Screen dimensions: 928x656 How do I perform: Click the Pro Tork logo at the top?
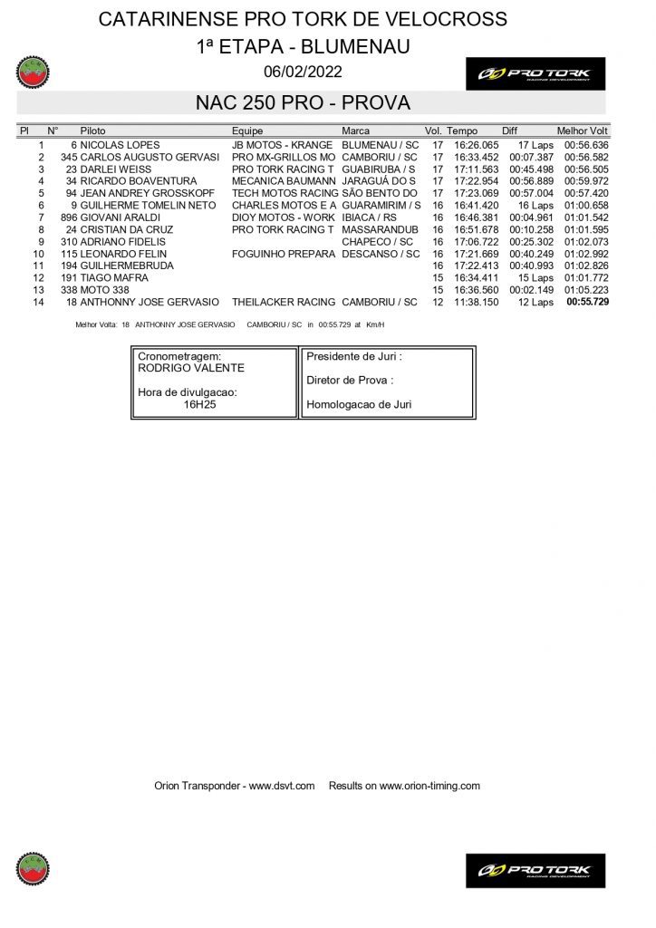pyautogui.click(x=535, y=73)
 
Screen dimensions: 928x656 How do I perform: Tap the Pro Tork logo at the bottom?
pyautogui.click(x=535, y=870)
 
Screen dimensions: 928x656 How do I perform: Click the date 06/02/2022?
pyautogui.click(x=303, y=72)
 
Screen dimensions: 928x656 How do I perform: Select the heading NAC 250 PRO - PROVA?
pyautogui.click(x=303, y=103)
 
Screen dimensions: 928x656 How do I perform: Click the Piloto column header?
pyautogui.click(x=92, y=131)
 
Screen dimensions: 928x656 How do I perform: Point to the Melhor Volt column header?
pyautogui.click(x=582, y=131)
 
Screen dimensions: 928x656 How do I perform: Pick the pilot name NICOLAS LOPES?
pyautogui.click(x=120, y=145)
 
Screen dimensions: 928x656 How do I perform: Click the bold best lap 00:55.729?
pyautogui.click(x=587, y=303)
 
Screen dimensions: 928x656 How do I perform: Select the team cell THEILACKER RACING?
pyautogui.click(x=284, y=303)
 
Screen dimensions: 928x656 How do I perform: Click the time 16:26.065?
pyautogui.click(x=477, y=145)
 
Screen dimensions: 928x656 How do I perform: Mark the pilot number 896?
pyautogui.click(x=70, y=217)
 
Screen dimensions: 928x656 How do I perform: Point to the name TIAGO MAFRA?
pyautogui.click(x=114, y=278)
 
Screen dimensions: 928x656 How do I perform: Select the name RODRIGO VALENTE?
pyautogui.click(x=191, y=368)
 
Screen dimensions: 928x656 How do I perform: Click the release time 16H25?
pyautogui.click(x=199, y=405)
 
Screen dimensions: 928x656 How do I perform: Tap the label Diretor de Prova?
pyautogui.click(x=350, y=381)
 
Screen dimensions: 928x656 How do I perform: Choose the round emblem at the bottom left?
pyautogui.click(x=34, y=869)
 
